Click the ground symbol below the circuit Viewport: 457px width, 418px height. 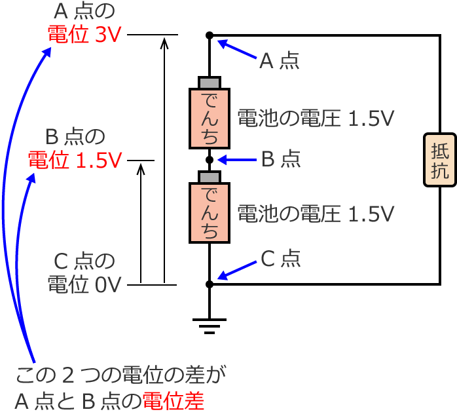click(x=210, y=324)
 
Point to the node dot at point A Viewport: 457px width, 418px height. click(x=210, y=35)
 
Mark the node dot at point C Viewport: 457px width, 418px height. click(x=210, y=284)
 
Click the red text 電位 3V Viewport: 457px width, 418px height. click(x=84, y=35)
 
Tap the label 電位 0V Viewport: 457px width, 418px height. click(x=84, y=284)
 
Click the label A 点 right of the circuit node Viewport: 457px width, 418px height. click(x=280, y=61)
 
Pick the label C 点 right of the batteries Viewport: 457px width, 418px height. click(x=281, y=259)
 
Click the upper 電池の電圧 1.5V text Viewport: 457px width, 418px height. click(x=316, y=119)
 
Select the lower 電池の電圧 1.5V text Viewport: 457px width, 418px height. click(x=316, y=213)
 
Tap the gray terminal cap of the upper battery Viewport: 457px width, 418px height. click(x=210, y=83)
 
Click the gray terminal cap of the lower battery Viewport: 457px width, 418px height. click(x=210, y=178)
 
